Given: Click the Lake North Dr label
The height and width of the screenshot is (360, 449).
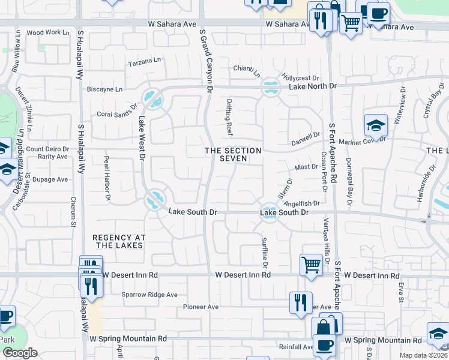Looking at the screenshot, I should click(x=313, y=86).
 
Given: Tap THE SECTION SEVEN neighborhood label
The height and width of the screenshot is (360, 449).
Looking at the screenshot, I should click(x=233, y=154).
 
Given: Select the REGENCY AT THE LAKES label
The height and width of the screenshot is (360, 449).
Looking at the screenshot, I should click(x=118, y=242).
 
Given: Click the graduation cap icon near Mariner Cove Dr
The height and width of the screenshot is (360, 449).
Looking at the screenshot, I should click(x=375, y=125).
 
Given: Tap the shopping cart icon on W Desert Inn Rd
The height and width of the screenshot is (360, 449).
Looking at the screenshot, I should click(x=311, y=265).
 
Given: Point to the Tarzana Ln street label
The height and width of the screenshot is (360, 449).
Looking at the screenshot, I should click(x=145, y=61).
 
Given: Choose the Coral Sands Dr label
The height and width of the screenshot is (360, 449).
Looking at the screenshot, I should click(x=117, y=114).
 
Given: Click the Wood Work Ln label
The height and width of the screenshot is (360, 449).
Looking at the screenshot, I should click(x=44, y=32).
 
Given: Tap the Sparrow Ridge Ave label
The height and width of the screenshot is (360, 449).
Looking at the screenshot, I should click(x=150, y=295).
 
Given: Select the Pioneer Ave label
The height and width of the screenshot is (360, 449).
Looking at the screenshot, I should click(x=201, y=307).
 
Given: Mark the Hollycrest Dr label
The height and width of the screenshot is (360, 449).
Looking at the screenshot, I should click(x=301, y=78).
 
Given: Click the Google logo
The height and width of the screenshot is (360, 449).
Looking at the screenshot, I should click(x=20, y=353).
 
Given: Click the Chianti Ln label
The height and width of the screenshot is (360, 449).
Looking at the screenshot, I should click(x=247, y=71).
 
